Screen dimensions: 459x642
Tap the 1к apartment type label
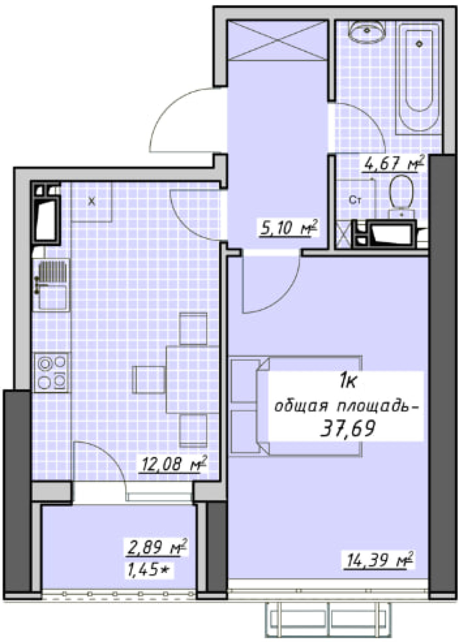(347, 382)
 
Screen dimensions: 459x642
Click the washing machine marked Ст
(356, 199)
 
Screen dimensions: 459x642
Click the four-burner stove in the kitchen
(52, 372)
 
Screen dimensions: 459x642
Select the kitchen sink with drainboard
(52, 285)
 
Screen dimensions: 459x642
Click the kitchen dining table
(193, 380)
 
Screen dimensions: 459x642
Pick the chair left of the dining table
(149, 380)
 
